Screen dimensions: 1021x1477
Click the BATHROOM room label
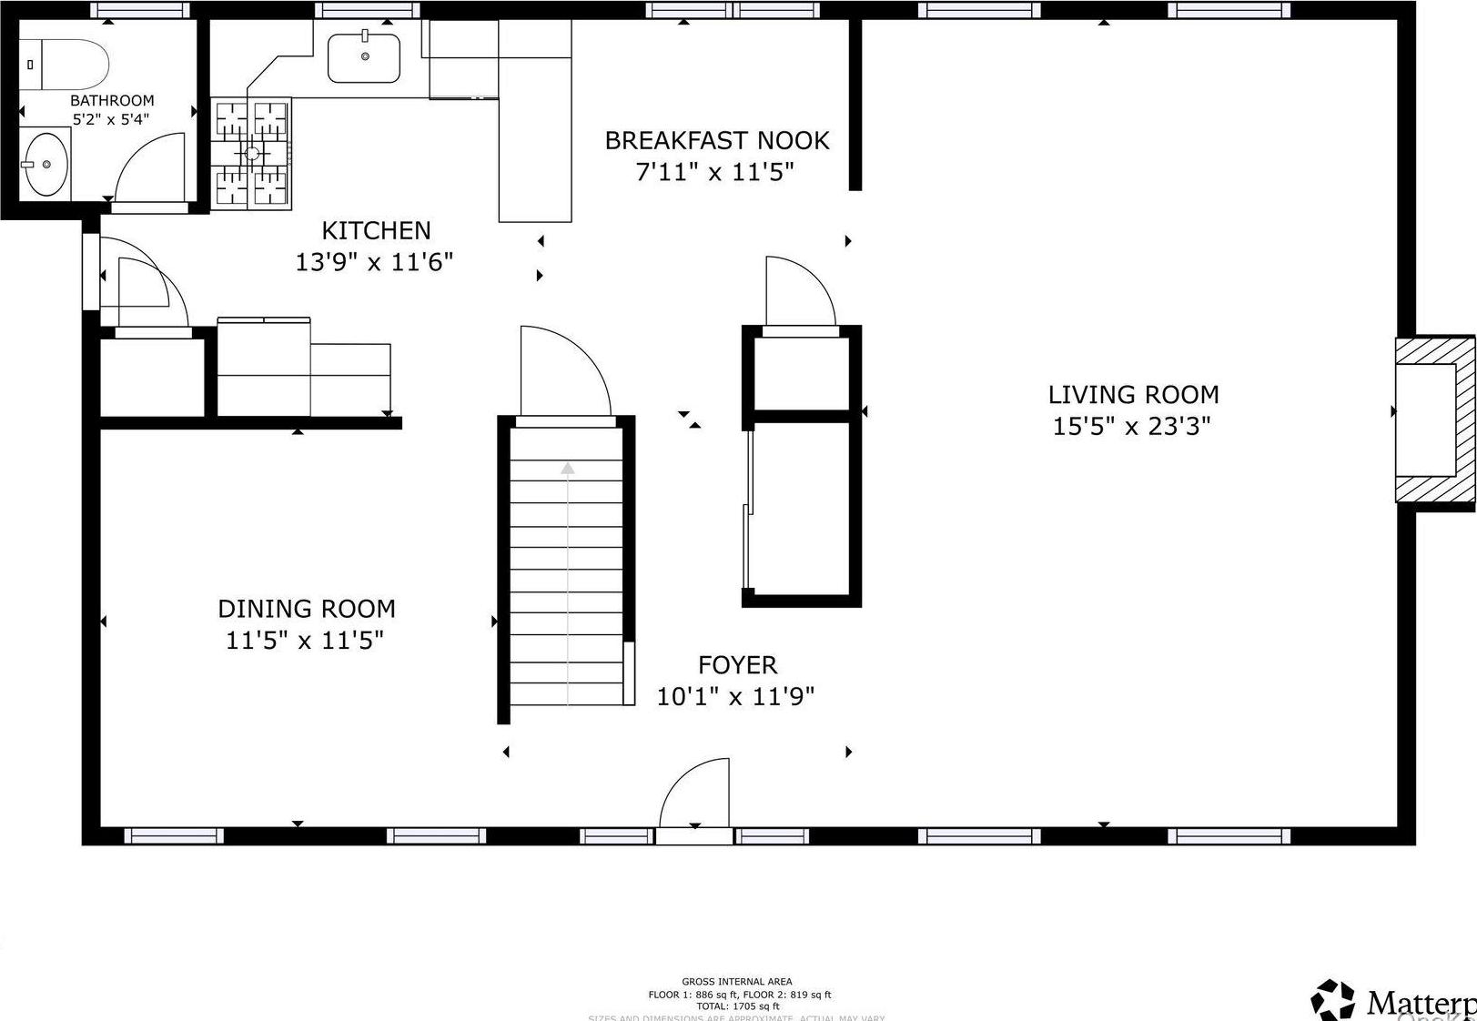point(112,100)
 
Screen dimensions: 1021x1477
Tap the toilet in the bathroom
point(64,65)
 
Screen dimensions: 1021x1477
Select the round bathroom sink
point(46,164)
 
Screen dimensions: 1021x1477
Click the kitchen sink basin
point(364,57)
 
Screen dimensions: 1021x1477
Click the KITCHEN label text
point(376,230)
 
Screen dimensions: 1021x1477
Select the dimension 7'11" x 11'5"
point(715,171)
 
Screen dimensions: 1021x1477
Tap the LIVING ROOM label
point(1133,394)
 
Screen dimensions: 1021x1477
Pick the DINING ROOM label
point(306,608)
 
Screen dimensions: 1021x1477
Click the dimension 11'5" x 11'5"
point(304,640)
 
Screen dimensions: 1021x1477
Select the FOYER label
point(737,664)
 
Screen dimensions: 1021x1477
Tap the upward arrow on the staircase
point(568,469)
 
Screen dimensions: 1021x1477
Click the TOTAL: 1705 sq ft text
point(738,1006)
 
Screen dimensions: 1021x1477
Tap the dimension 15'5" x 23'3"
point(1131,426)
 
